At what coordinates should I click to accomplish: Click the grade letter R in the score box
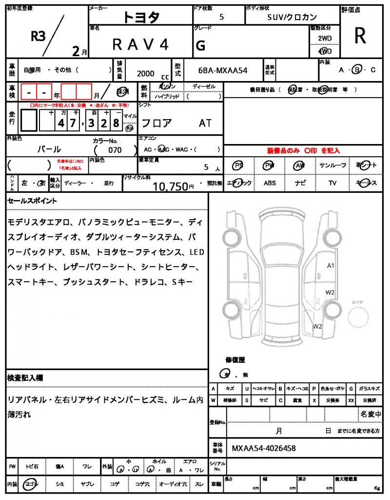tap(360, 36)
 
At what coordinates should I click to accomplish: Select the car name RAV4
tap(140, 45)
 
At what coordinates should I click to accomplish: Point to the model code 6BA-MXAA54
tap(223, 70)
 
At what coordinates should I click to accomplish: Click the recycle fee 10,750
tap(170, 186)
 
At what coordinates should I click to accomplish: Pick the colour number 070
tap(115, 150)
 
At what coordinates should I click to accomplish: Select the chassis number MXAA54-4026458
tap(263, 448)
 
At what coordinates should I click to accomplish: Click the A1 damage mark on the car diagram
tap(330, 266)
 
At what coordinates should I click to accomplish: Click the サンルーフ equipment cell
tap(333, 166)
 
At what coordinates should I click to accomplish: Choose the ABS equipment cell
tap(270, 183)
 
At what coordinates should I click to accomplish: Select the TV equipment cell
tap(332, 183)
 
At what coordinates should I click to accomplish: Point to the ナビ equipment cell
tap(301, 183)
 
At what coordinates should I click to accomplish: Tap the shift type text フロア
tap(156, 123)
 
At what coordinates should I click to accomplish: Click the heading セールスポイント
tap(32, 201)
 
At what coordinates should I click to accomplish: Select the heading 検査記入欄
tap(25, 378)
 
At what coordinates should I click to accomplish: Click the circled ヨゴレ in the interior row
tap(31, 484)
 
